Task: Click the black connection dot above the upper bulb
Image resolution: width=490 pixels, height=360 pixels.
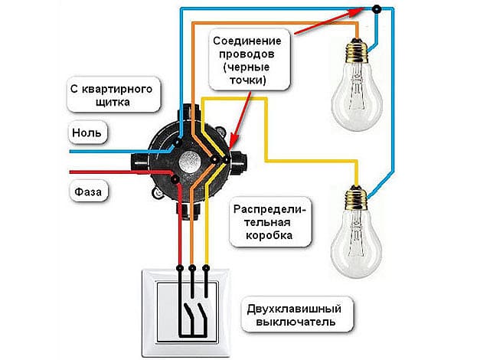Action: click(x=376, y=10)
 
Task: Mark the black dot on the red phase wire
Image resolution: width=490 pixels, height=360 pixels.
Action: click(x=176, y=180)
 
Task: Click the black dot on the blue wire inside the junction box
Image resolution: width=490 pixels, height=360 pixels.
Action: click(x=178, y=142)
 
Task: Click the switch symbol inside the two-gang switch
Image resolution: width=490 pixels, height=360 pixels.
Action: click(x=192, y=314)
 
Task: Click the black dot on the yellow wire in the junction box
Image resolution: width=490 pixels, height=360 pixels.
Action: click(x=217, y=160)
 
